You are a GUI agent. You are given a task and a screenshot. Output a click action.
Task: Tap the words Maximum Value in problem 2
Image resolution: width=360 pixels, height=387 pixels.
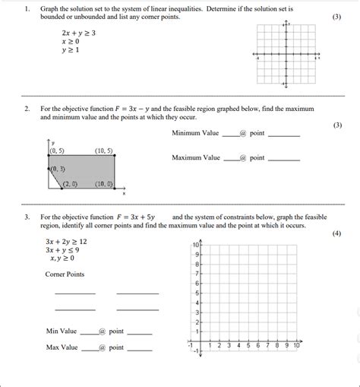tap(196, 158)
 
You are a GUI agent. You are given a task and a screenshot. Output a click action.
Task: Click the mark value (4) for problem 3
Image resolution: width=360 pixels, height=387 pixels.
tap(336, 233)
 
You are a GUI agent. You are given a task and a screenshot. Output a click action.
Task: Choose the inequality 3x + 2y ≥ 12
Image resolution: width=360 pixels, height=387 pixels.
tap(66, 241)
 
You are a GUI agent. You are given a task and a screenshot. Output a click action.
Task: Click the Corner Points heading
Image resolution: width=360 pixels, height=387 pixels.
tap(65, 274)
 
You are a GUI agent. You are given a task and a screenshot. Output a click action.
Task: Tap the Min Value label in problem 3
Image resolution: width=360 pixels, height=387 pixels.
tap(62, 331)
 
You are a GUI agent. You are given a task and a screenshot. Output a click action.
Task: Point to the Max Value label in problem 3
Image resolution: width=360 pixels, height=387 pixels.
tap(62, 347)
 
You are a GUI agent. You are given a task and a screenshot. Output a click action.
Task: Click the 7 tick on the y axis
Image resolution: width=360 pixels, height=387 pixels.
tap(197, 274)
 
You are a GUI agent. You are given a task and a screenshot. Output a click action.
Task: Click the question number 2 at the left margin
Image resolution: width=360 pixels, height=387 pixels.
tap(27, 109)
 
